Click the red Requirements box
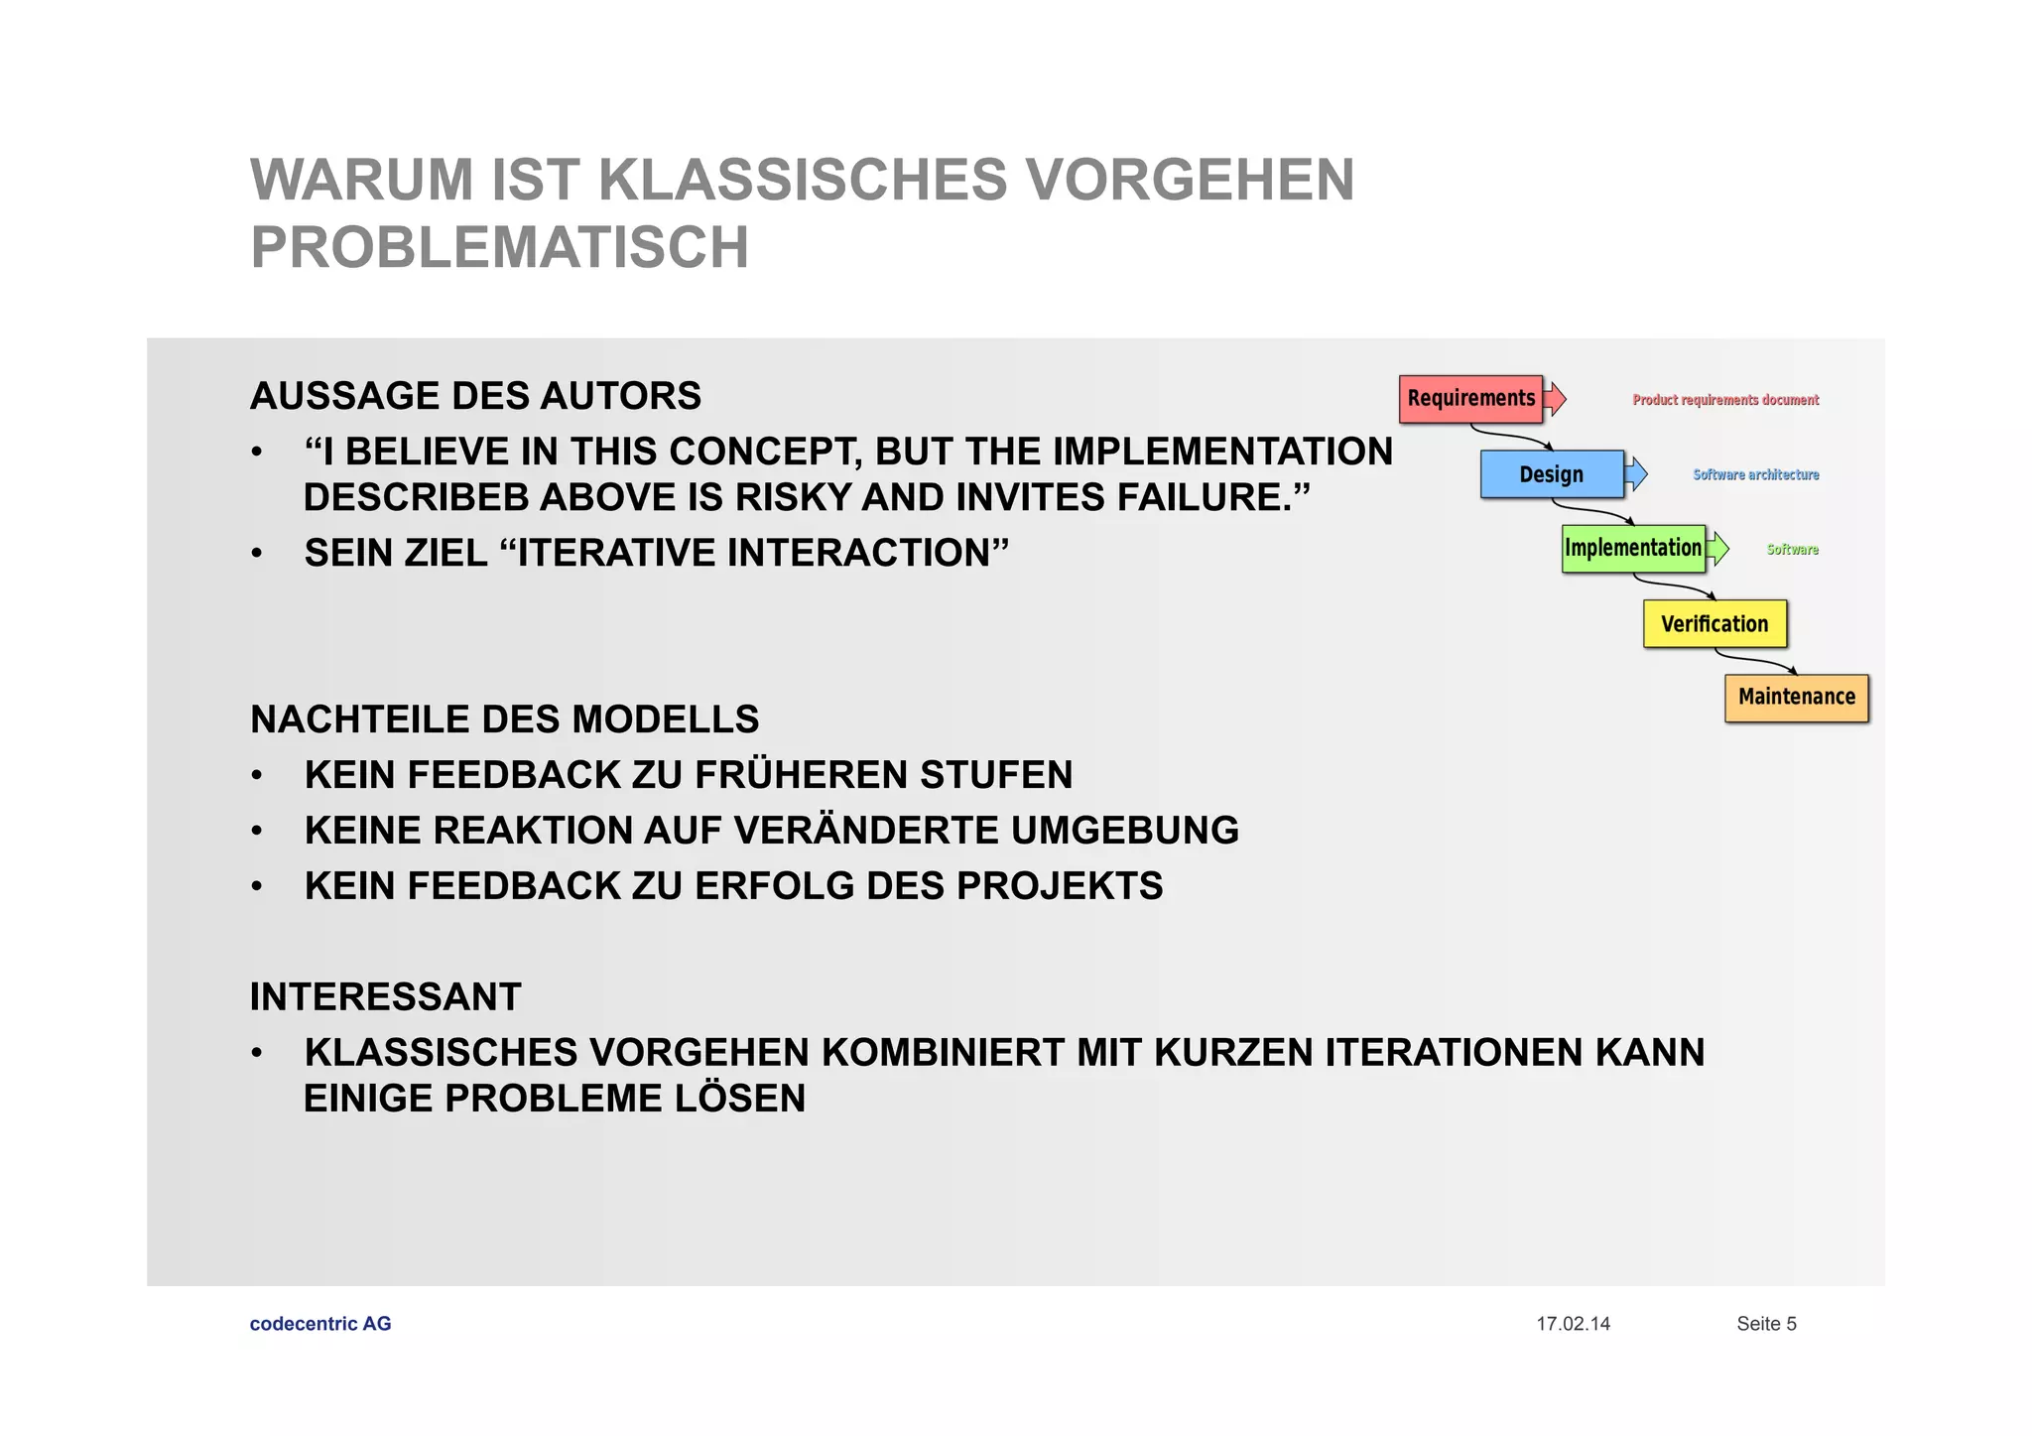coord(1470,399)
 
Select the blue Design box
coord(1552,474)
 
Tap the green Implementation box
coord(1633,549)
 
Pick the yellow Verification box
coord(1714,624)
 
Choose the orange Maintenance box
coord(1796,698)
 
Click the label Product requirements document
coord(1725,400)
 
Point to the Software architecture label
coord(1755,475)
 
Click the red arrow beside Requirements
coord(1556,399)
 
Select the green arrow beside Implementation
coord(1718,549)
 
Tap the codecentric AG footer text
coord(320,1324)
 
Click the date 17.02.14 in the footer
coord(1573,1324)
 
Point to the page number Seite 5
coord(1766,1324)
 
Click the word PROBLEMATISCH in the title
coord(499,247)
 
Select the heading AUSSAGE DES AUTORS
coord(475,396)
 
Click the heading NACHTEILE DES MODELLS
coord(504,719)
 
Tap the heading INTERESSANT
coord(385,997)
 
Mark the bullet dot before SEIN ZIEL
coord(257,554)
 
